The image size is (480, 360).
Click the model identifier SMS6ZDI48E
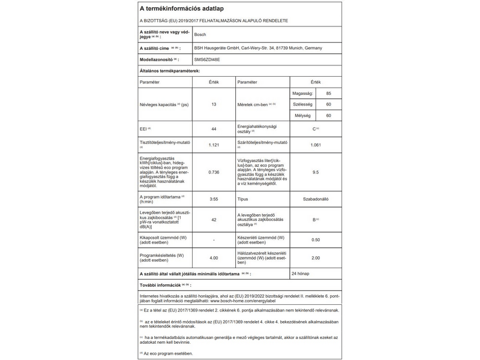[x=208, y=60]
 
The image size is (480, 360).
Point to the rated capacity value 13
[x=214, y=104]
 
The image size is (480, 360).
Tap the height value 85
[x=328, y=94]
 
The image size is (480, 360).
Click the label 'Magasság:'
[x=302, y=94]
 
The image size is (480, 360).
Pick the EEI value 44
[x=214, y=129]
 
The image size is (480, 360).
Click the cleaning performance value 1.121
[x=214, y=145]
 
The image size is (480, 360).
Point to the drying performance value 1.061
[x=316, y=145]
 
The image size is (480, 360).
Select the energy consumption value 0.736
[x=214, y=172]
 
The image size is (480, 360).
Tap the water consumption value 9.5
[x=316, y=172]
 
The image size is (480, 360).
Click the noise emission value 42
[x=214, y=220]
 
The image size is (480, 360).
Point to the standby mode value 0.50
[x=316, y=240]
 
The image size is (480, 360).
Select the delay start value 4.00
[x=214, y=257]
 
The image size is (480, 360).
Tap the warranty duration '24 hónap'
[x=301, y=274]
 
